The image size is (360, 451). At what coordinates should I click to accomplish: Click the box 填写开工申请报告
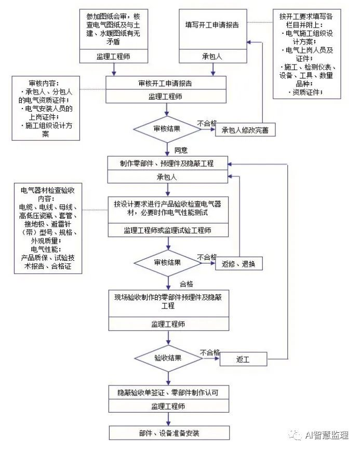coord(212,25)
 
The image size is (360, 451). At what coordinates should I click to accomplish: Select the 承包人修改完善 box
coord(245,130)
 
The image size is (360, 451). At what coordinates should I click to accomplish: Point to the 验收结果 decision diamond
coord(167,358)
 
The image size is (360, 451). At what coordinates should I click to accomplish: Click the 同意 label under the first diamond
coord(181,151)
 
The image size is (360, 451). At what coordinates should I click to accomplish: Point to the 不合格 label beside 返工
coord(210,352)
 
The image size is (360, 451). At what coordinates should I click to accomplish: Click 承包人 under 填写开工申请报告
coord(212,56)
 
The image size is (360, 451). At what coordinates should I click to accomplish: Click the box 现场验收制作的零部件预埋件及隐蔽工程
coord(168,302)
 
